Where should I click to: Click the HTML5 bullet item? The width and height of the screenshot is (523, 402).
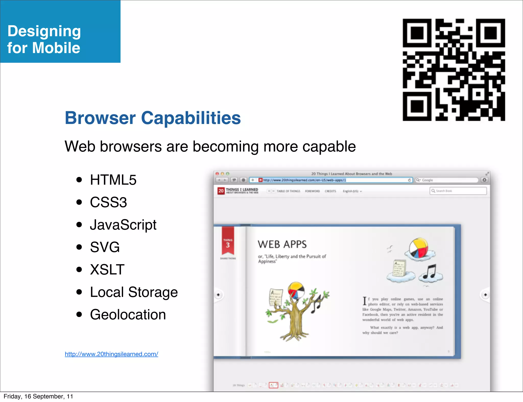[113, 180]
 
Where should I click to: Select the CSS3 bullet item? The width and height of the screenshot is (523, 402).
[108, 202]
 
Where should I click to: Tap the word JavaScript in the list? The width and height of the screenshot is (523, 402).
[123, 225]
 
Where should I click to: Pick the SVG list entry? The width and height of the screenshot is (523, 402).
[105, 247]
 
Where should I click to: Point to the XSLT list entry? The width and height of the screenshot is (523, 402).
[107, 270]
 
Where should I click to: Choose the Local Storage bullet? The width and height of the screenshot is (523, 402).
[134, 292]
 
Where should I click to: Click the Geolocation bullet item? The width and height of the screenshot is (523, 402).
[128, 315]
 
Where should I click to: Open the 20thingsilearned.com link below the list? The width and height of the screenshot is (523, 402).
[111, 354]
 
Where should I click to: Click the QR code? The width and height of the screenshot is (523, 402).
[454, 70]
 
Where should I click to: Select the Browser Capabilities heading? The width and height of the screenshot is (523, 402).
[153, 118]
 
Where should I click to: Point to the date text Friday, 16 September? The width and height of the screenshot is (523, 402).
[38, 396]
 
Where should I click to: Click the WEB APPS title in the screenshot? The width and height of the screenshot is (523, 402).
[282, 244]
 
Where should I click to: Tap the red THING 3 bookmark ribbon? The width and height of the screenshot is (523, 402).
[228, 241]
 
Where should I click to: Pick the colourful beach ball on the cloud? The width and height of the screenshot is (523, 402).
[419, 248]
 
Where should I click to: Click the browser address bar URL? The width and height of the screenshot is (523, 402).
[304, 180]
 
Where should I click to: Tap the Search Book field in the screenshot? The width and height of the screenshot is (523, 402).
[458, 191]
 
